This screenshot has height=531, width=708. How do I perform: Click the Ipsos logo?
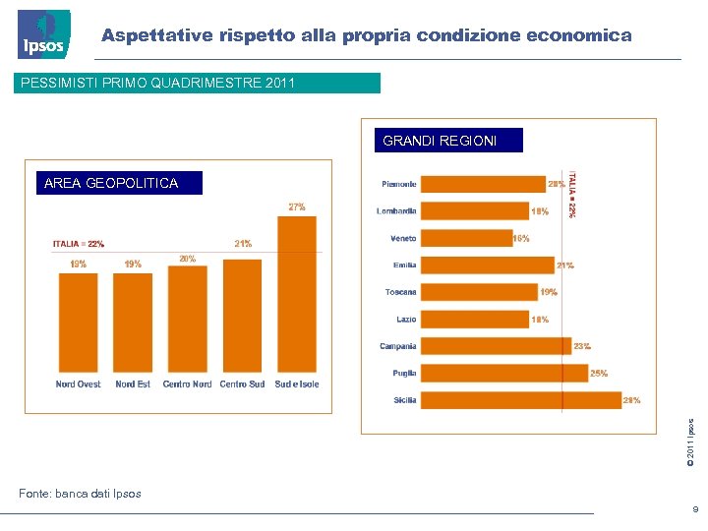point(44,34)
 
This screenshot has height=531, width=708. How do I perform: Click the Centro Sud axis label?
point(242,384)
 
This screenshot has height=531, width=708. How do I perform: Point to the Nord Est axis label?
point(133,384)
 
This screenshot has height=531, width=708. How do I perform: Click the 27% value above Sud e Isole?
point(296,206)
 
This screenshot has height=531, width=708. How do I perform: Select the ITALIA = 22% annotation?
point(79,244)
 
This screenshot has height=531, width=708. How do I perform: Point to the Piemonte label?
point(399,185)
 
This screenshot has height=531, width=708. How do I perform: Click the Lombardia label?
point(396,211)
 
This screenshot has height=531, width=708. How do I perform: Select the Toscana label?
point(400,292)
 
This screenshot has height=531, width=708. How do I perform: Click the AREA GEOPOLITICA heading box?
point(112,183)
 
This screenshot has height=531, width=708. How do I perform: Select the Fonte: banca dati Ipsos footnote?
point(80,494)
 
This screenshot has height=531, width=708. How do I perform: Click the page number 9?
point(694,509)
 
